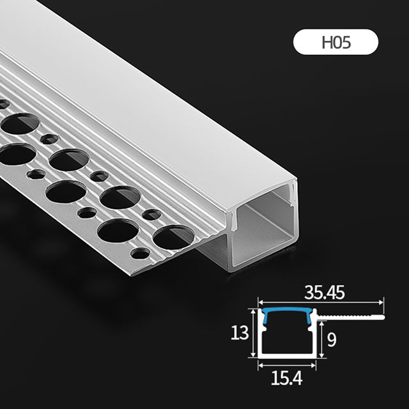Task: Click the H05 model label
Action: (336, 43)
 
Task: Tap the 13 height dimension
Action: (240, 333)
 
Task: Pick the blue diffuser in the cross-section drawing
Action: (288, 311)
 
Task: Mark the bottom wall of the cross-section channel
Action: (288, 355)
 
